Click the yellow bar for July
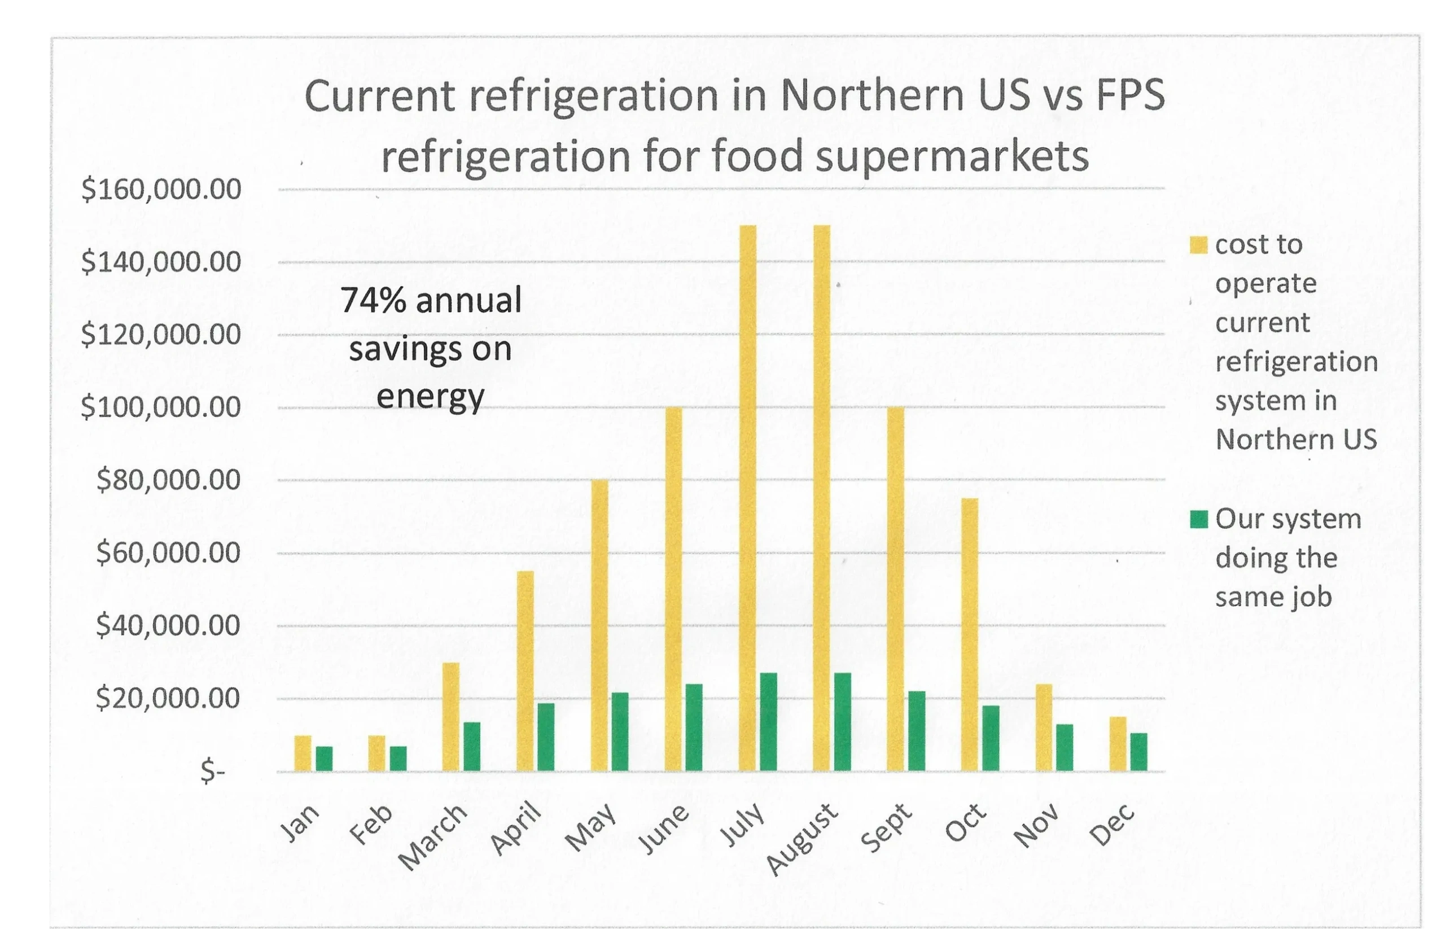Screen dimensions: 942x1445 click(748, 498)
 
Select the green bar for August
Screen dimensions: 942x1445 click(843, 722)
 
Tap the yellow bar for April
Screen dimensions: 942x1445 click(525, 671)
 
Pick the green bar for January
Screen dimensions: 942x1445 click(324, 759)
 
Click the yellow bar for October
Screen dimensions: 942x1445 click(970, 634)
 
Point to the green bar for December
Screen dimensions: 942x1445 click(1139, 752)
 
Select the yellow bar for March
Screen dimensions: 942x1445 click(451, 717)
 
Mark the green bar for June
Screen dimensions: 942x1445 click(694, 727)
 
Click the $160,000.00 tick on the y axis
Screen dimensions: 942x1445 click(161, 190)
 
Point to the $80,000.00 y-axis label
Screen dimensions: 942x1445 click(169, 480)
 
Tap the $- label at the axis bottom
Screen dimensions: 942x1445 click(212, 772)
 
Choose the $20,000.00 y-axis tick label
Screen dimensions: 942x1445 click(169, 699)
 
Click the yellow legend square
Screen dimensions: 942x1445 click(1199, 245)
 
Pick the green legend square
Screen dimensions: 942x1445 click(1199, 520)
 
